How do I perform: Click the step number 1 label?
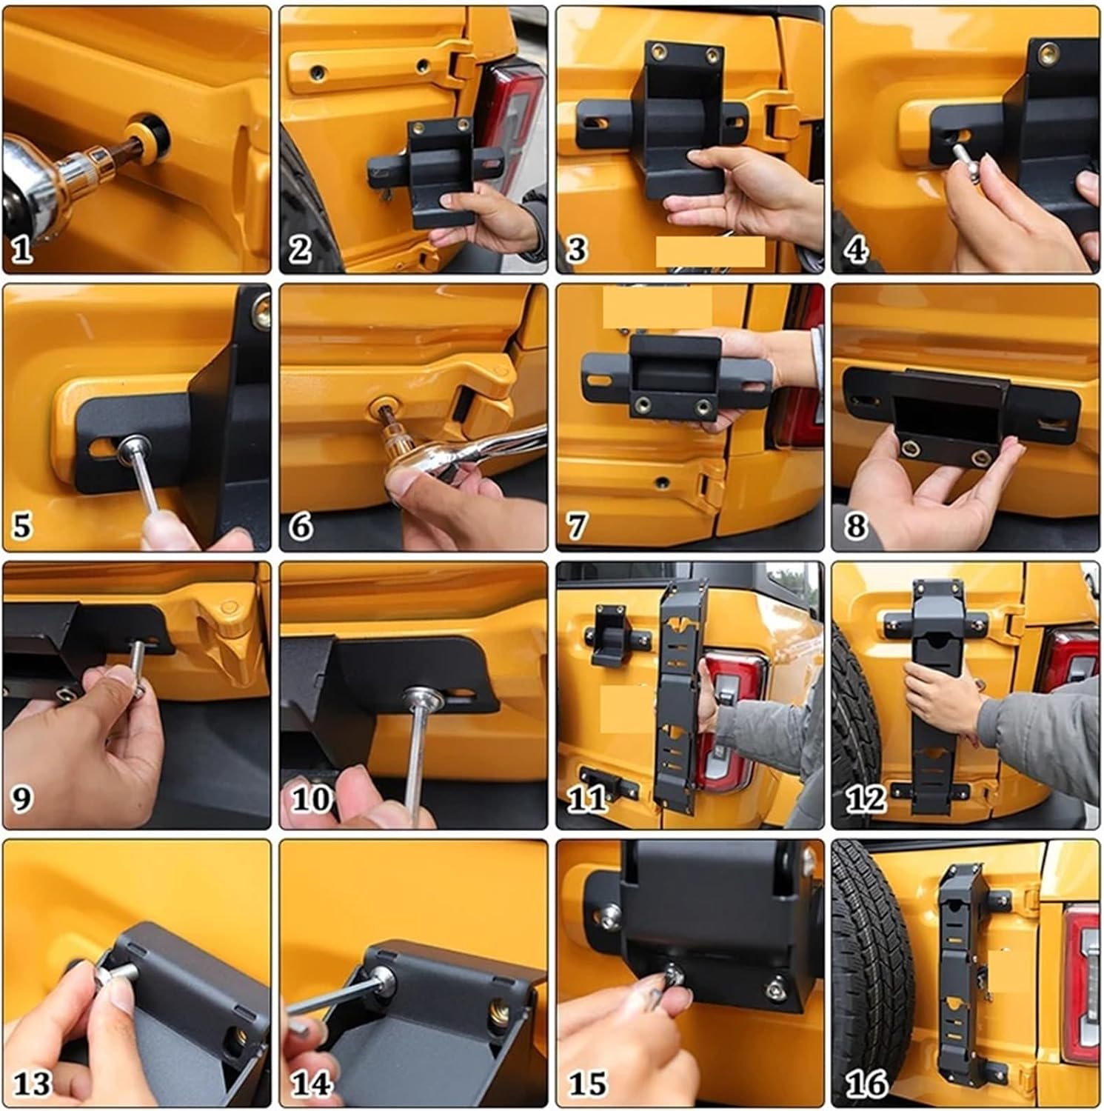click(x=22, y=249)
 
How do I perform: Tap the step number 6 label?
click(x=301, y=527)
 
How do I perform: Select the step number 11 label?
click(x=586, y=800)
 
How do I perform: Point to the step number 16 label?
click(x=866, y=1084)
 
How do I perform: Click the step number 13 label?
click(x=33, y=1084)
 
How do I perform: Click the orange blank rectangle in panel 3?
click(x=710, y=252)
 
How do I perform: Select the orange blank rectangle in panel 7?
click(x=658, y=307)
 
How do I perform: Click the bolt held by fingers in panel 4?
click(x=963, y=159)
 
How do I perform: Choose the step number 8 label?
click(x=855, y=527)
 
